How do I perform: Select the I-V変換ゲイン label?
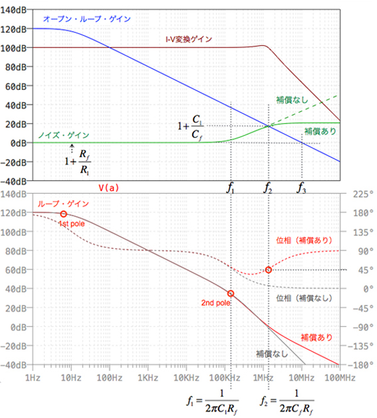pos(188,39)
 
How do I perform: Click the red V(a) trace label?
pos(109,187)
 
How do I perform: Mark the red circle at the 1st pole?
pos(63,214)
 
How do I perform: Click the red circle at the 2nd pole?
pos(231,294)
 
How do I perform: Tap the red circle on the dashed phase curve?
pos(268,270)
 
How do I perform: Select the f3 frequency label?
pos(303,187)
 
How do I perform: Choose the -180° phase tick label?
pos(359,365)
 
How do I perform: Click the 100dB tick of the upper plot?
pos(13,48)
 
